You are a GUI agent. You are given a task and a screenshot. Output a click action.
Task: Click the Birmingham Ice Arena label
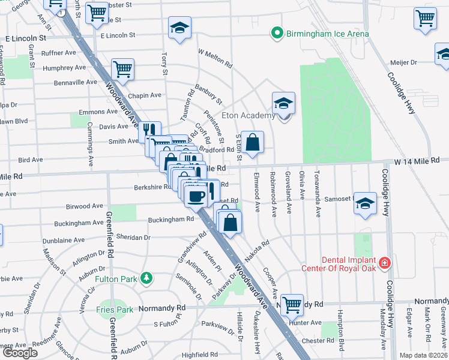tap(327, 34)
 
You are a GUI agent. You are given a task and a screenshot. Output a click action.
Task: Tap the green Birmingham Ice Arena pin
tap(277, 33)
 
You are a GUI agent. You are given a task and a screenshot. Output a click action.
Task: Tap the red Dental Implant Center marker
tap(385, 263)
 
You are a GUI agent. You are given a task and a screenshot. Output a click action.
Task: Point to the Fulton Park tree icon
tap(145, 278)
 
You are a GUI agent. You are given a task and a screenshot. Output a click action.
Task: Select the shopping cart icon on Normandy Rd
tap(292, 304)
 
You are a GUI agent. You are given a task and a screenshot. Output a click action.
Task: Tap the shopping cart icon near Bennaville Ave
tap(122, 69)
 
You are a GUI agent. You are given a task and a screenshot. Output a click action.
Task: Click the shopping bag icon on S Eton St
tap(253, 143)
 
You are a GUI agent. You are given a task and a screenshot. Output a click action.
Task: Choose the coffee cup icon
tap(196, 194)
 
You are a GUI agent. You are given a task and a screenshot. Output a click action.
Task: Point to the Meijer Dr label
tap(404, 62)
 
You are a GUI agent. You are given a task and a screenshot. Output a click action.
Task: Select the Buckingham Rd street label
tap(172, 219)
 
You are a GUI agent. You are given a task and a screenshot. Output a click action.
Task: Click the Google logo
tap(20, 353)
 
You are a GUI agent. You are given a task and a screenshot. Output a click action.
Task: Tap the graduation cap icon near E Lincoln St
tap(179, 28)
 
